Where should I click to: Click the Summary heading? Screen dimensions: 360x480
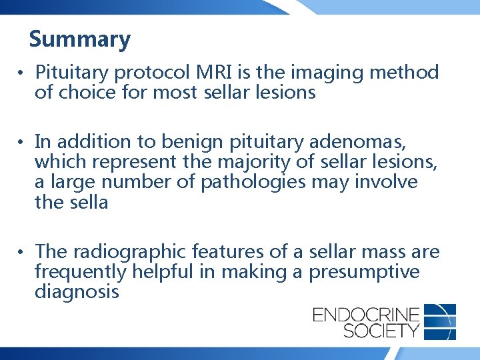click(x=80, y=39)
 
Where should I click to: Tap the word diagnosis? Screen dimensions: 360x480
click(x=77, y=291)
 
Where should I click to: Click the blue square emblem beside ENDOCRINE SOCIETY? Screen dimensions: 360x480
click(x=440, y=321)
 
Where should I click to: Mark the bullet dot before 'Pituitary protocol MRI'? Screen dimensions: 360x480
click(x=22, y=73)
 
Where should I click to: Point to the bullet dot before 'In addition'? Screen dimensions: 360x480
click(x=22, y=143)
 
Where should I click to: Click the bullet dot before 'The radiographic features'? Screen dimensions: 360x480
click(x=22, y=252)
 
